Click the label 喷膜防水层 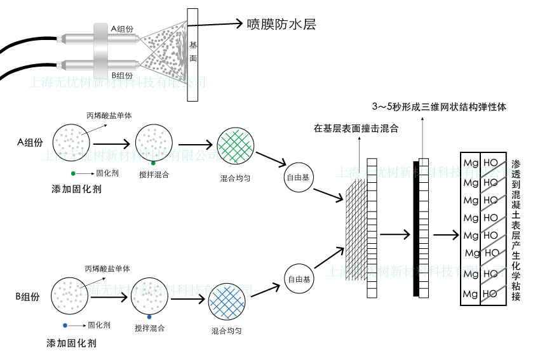tap(281, 25)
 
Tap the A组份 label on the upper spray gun tap(121, 29)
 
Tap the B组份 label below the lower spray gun tap(121, 75)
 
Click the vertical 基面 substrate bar tap(193, 54)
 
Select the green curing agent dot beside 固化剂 tap(74, 173)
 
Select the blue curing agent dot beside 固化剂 tap(65, 325)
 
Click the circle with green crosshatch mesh tap(234, 147)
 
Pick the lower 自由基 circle tap(299, 279)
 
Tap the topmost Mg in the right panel tap(471, 163)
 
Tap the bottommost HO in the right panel tap(490, 294)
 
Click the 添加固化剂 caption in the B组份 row tap(71, 343)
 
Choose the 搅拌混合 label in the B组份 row tap(150, 328)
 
